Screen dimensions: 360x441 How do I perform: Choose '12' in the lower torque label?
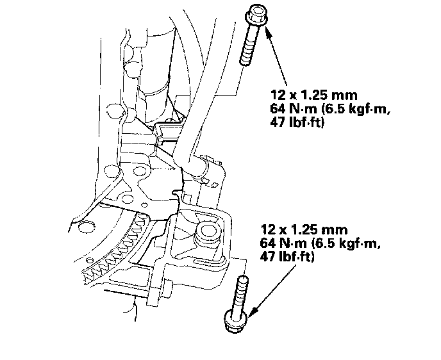pos(267,229)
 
